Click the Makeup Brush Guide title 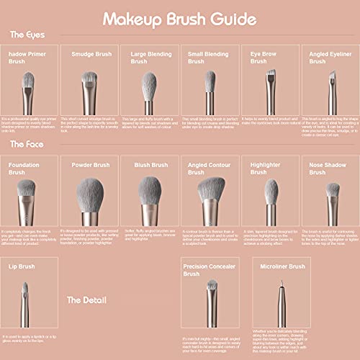click(x=179, y=17)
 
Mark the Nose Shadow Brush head click(x=332, y=190)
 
